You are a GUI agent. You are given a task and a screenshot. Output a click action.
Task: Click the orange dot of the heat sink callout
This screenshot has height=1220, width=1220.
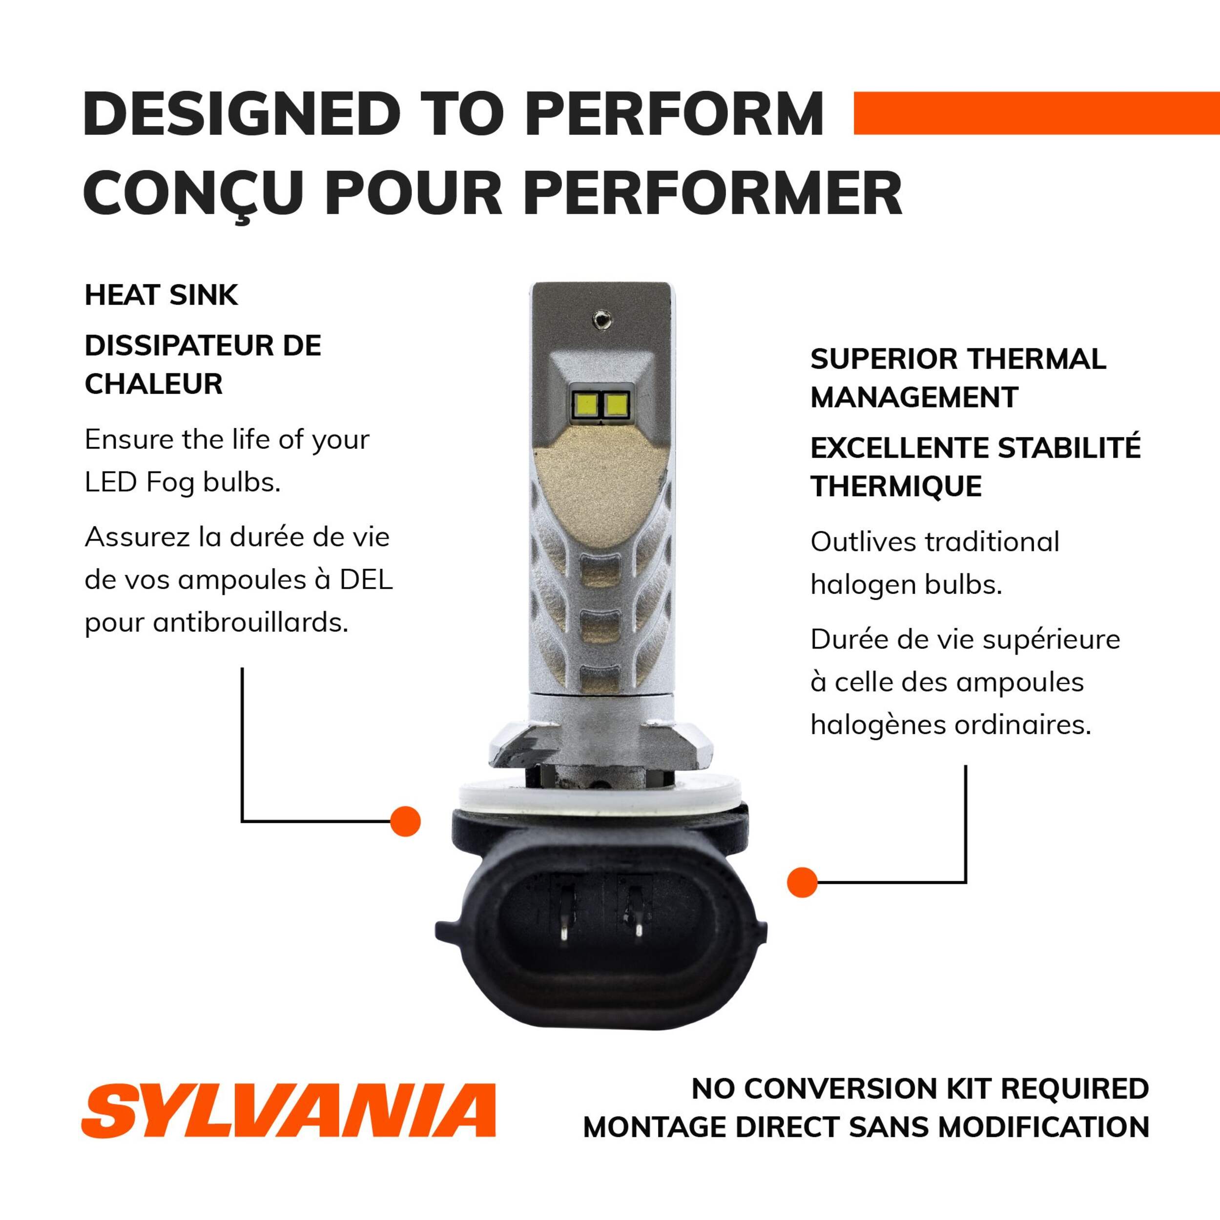[x=406, y=821]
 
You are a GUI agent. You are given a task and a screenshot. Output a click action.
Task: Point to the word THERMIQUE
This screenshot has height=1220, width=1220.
[x=896, y=486]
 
